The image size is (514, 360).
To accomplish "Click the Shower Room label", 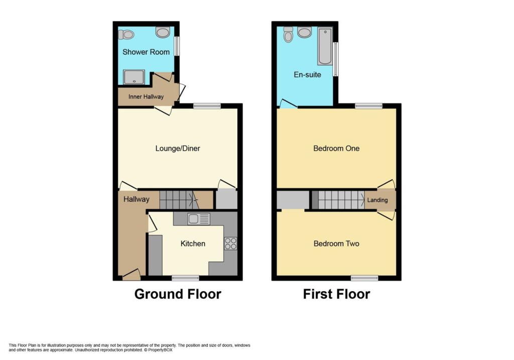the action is click(x=146, y=52).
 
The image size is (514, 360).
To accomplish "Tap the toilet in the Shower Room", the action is click(x=126, y=34).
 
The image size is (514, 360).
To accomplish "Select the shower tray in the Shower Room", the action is click(x=134, y=77).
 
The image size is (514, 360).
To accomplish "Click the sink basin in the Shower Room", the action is click(x=163, y=32).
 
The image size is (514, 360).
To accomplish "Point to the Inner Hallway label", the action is click(x=146, y=97).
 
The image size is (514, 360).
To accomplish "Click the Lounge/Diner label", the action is click(x=178, y=149).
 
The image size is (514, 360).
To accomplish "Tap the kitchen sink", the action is click(x=199, y=219).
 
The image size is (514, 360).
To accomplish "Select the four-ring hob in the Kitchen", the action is click(x=230, y=244).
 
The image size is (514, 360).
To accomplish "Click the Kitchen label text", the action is click(x=193, y=244).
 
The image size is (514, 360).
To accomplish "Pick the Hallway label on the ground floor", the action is click(x=137, y=199).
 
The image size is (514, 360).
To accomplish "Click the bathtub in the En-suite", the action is click(x=325, y=47).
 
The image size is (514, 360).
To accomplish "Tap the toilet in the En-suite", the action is click(x=288, y=35).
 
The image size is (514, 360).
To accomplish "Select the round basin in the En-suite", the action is click(x=304, y=32).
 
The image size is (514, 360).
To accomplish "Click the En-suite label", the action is click(x=307, y=75).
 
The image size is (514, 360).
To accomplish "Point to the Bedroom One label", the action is click(x=336, y=149).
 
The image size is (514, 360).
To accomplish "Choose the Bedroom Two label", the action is click(x=336, y=244).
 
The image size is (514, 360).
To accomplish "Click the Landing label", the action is click(x=377, y=200).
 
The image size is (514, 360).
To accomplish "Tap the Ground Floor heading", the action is click(x=178, y=294).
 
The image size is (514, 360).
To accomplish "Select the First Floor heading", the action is click(x=336, y=294).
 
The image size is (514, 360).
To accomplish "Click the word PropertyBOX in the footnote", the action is click(x=160, y=350).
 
